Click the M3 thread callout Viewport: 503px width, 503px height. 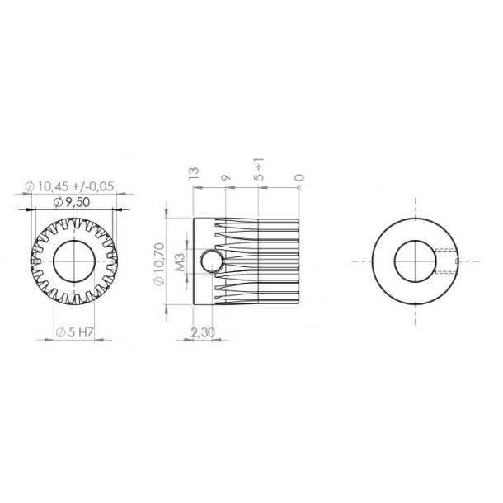point(180,263)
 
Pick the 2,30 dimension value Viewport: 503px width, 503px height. point(204,331)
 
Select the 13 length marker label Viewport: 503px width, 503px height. point(194,174)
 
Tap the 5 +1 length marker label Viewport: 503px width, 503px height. point(261,172)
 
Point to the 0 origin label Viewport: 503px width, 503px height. point(298,176)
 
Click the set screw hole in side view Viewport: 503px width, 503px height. point(209,262)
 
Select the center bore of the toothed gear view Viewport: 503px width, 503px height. point(74,262)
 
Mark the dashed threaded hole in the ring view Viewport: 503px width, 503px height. point(445,261)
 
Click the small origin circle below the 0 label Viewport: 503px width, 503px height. point(298,187)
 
